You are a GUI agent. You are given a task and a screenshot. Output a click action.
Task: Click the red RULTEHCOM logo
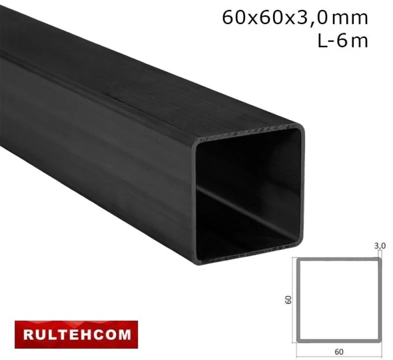76,332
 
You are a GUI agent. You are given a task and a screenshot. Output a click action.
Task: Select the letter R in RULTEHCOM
28,332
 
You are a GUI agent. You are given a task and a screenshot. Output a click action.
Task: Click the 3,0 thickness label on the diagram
380,246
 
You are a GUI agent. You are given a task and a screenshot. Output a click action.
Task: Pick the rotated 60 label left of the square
289,300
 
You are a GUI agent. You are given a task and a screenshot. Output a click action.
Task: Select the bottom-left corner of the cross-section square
298,341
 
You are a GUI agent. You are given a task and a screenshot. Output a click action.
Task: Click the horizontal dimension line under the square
339,345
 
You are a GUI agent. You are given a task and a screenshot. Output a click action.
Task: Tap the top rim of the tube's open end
246,132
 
